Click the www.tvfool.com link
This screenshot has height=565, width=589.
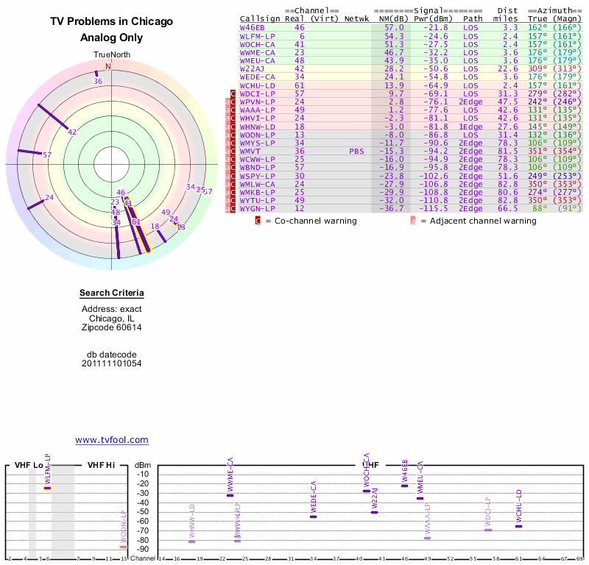[x=112, y=440]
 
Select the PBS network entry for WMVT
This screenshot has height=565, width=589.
[x=357, y=151]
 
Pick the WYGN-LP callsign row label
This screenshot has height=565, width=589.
[x=257, y=208]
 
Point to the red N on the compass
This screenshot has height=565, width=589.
[x=108, y=66]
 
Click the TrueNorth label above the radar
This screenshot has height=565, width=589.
[x=111, y=55]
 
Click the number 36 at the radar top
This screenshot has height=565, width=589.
[x=98, y=82]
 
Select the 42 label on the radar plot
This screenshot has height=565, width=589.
[x=72, y=132]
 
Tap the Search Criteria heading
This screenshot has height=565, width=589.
[x=112, y=294]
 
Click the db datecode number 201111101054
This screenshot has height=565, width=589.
[x=112, y=363]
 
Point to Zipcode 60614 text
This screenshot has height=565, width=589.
[x=112, y=327]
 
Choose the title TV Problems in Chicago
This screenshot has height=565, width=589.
[x=112, y=21]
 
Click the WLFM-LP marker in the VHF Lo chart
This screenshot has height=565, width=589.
[x=48, y=488]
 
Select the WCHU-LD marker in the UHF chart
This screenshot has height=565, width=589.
[x=518, y=526]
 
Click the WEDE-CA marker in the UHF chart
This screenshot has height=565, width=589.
[x=314, y=516]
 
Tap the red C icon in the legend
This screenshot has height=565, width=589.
[x=258, y=220]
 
